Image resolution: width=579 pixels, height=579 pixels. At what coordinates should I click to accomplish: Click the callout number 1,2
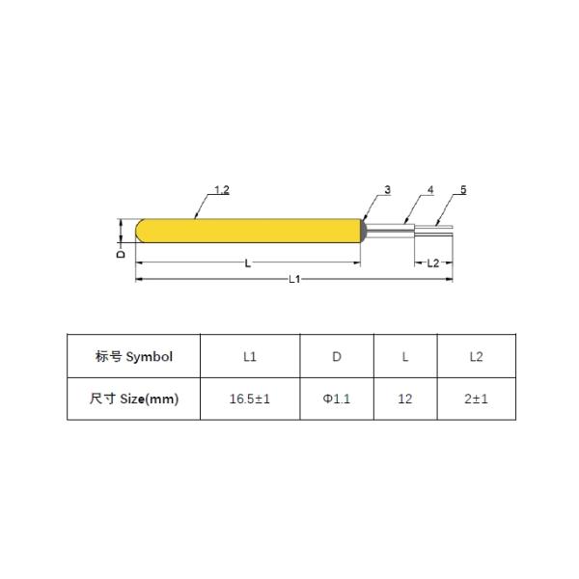pyautogui.click(x=220, y=191)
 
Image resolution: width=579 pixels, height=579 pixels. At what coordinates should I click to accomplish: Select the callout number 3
pyautogui.click(x=387, y=191)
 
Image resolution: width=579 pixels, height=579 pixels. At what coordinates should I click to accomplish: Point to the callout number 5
pyautogui.click(x=463, y=191)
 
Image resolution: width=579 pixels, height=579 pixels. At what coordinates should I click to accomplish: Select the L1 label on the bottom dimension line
pyautogui.click(x=295, y=279)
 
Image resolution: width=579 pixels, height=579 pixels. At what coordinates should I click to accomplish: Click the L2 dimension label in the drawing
pyautogui.click(x=432, y=262)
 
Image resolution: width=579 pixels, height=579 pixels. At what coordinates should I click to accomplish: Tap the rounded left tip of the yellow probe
pyautogui.click(x=141, y=231)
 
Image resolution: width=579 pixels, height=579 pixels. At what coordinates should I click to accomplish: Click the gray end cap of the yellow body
pyautogui.click(x=364, y=230)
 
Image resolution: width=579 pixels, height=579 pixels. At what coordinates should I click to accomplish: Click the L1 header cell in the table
pyautogui.click(x=249, y=356)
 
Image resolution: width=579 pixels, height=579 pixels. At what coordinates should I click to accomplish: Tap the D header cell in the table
pyautogui.click(x=337, y=356)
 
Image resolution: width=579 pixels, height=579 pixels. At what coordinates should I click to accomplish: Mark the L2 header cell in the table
pyautogui.click(x=476, y=356)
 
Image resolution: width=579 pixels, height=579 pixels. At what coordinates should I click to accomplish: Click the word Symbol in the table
pyautogui.click(x=150, y=356)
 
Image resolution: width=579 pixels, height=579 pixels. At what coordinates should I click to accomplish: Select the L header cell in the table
pyautogui.click(x=404, y=356)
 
